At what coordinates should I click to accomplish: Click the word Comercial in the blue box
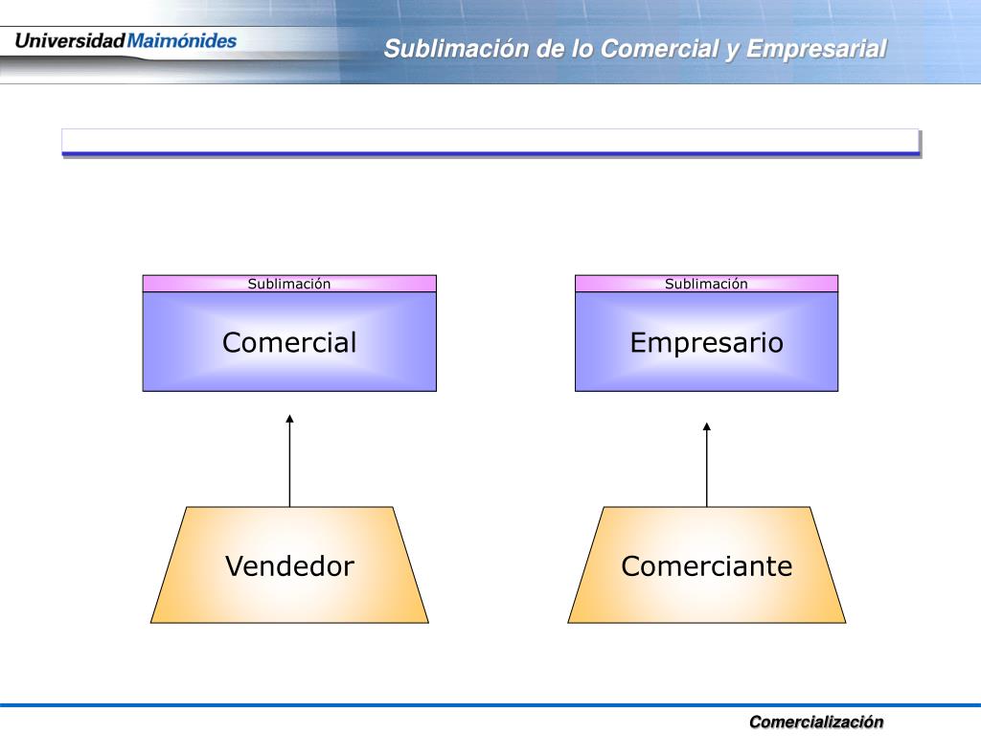pos(289,342)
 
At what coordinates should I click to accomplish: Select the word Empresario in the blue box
pos(706,342)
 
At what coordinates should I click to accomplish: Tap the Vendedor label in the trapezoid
pos(289,566)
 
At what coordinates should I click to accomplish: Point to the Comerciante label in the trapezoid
pos(706,566)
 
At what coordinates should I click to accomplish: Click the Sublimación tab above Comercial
pos(289,284)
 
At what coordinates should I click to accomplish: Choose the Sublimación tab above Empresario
pos(706,284)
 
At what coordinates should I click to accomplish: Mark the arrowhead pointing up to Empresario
pos(707,426)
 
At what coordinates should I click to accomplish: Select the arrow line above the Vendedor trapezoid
pos(289,465)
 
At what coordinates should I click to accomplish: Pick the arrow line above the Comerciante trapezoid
pos(707,470)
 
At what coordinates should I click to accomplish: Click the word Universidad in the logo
pos(70,41)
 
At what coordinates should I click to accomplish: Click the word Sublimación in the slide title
pos(456,49)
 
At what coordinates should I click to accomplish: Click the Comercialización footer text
pos(816,722)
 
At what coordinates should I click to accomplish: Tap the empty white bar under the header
pos(490,141)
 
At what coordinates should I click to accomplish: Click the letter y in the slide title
pos(733,50)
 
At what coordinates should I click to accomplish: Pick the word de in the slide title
pos(550,49)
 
